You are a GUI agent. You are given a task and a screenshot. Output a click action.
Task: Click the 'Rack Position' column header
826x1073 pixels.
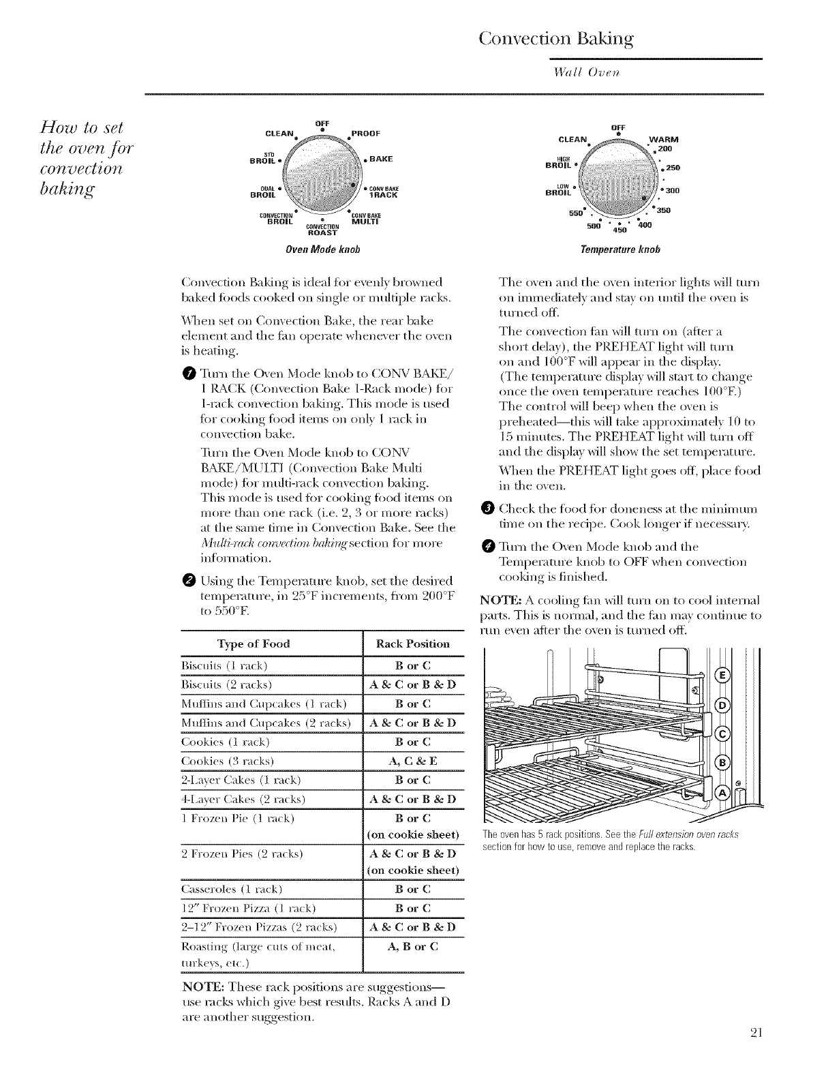[412, 644]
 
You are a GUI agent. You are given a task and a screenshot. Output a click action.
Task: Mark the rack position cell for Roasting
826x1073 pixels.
[412, 947]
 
